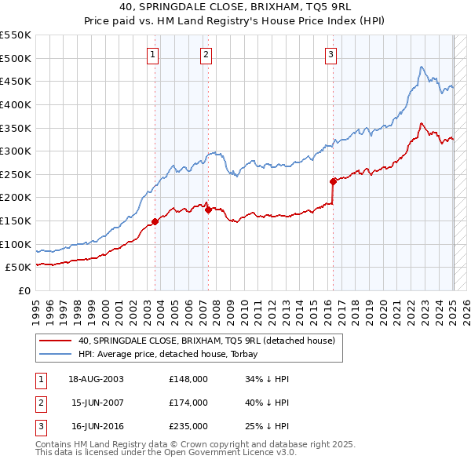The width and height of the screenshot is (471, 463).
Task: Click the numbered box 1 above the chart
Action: pyautogui.click(x=152, y=54)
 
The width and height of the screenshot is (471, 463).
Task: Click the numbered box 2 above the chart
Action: pyautogui.click(x=205, y=54)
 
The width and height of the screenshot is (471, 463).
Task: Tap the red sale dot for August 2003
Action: pyautogui.click(x=155, y=221)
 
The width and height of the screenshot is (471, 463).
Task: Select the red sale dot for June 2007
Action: pyautogui.click(x=208, y=210)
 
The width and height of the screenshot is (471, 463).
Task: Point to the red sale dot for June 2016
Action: pyautogui.click(x=333, y=181)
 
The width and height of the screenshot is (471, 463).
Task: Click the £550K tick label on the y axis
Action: pyautogui.click(x=16, y=35)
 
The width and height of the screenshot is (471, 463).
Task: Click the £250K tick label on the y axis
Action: pyautogui.click(x=16, y=174)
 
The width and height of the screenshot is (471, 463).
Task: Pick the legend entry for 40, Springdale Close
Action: pyautogui.click(x=206, y=341)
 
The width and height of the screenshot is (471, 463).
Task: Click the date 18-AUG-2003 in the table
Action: pyautogui.click(x=96, y=379)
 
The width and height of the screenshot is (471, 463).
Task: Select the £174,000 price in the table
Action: pyautogui.click(x=188, y=403)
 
